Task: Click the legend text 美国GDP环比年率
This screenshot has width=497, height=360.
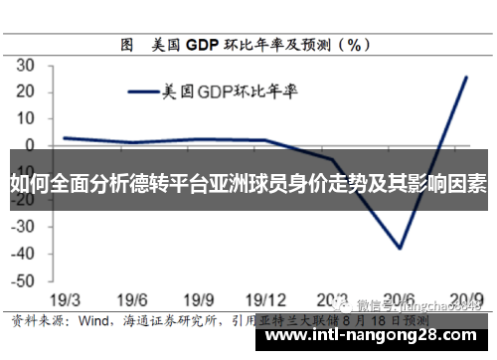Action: click(233, 92)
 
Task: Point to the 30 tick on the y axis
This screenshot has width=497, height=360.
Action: click(26, 65)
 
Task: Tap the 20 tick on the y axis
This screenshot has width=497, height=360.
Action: click(26, 91)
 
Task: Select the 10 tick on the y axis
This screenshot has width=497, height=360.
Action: click(26, 118)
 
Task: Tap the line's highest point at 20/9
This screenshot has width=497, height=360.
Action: click(466, 77)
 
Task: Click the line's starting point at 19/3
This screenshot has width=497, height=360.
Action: click(64, 138)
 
